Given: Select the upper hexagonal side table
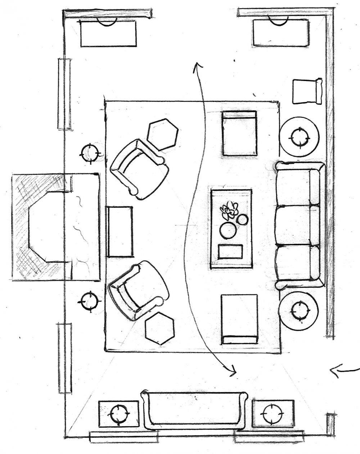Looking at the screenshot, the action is pos(163,134).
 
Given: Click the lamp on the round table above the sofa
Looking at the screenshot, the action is pos(299,137).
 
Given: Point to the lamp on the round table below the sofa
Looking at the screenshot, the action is pos(299,310).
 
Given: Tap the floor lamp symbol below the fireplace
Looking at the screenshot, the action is pos(89,301).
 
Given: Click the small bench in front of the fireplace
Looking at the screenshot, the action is pos(120,232).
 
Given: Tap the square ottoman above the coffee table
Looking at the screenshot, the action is pos(239,133).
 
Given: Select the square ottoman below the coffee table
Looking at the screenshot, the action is pos(239,319).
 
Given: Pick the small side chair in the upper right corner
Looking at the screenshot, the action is pos(306,91).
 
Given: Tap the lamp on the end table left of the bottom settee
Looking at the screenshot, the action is pos(118,414).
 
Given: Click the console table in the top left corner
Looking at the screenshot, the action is pos(108,33).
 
